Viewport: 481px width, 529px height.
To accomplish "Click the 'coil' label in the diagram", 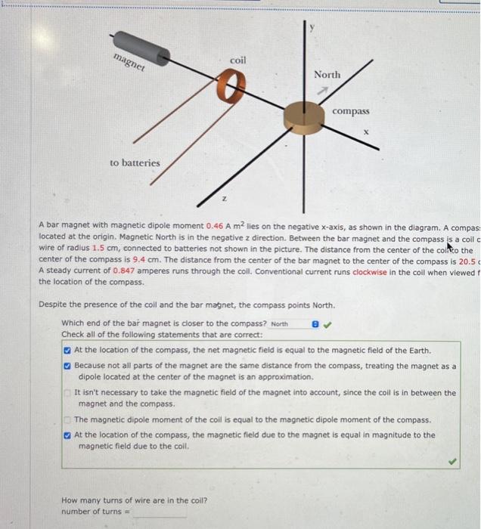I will [237, 60].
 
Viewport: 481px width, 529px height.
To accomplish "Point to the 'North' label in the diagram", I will [327, 75].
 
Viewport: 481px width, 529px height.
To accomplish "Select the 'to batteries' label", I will [135, 162].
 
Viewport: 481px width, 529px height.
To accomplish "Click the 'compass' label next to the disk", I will [351, 111].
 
